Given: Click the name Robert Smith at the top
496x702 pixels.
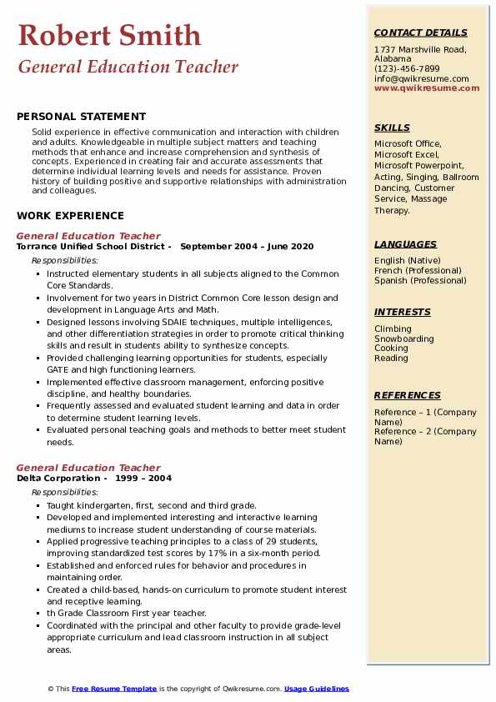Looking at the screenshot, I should (109, 35).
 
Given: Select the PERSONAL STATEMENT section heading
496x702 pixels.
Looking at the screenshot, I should (81, 117).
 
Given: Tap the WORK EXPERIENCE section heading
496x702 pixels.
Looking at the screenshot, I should (70, 215).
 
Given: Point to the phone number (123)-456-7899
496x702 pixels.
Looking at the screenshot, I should (407, 69).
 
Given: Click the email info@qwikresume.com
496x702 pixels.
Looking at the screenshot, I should (421, 78).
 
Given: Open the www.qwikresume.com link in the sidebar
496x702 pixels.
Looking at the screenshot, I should (421, 88).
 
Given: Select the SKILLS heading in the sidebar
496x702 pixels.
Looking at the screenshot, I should (392, 128).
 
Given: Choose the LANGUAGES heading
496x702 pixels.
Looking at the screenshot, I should (405, 244).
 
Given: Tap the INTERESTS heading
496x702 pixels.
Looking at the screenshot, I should (403, 312).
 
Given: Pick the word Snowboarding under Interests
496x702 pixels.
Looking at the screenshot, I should (404, 338).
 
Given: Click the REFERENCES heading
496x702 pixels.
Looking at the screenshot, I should (408, 395).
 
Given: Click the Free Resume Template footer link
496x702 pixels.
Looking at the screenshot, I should (114, 689).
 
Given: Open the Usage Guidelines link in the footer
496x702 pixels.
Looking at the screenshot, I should (317, 689).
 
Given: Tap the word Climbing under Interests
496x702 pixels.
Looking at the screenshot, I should (393, 329).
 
